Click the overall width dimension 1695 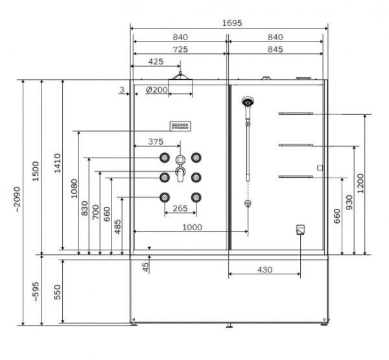(x=231, y=23)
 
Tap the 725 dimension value (x=180, y=49)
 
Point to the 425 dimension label (x=156, y=62)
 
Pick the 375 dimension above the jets (x=156, y=141)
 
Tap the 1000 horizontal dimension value (x=192, y=227)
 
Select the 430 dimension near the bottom (x=264, y=269)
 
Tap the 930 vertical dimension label (x=349, y=201)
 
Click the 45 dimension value (x=146, y=265)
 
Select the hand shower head (x=248, y=102)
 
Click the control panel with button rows (x=180, y=126)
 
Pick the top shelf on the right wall (x=296, y=114)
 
